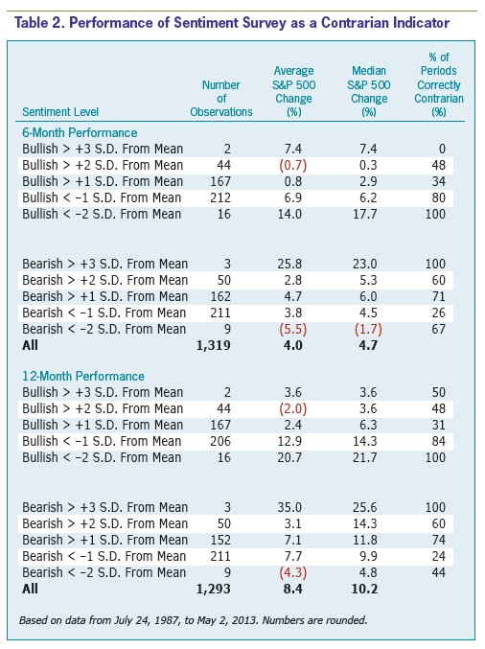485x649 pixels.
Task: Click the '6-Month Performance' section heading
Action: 80,133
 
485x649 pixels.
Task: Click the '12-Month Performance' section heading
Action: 83,376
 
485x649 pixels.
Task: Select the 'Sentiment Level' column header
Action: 60,112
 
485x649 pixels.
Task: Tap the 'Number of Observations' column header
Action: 221,99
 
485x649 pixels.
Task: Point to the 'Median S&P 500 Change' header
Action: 369,91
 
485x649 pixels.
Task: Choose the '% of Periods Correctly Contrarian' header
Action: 439,84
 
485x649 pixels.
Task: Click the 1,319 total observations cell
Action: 213,345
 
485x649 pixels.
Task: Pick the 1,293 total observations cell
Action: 213,589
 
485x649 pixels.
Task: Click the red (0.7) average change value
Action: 293,165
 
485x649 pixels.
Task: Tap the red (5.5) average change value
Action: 293,329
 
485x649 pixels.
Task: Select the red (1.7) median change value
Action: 368,329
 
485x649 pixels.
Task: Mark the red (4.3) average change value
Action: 293,572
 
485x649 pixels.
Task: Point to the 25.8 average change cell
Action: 290,264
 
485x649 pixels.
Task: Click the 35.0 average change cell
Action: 290,507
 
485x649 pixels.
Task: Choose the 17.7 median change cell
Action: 365,214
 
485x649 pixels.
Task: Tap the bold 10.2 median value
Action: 364,589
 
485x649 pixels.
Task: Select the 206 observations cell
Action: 220,441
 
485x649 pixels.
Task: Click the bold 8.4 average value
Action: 293,589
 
